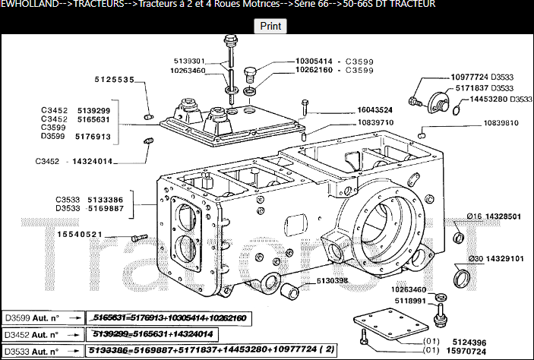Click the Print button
[270, 26]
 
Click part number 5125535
[115, 80]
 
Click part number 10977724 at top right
[469, 77]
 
